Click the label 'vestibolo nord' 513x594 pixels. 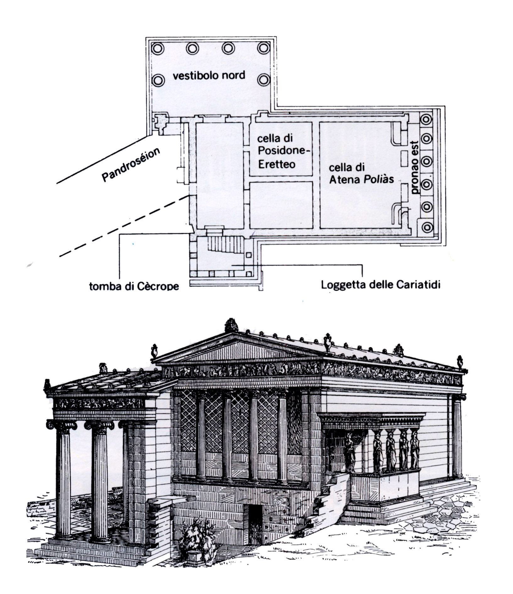coord(209,75)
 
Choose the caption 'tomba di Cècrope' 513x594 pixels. coord(134,286)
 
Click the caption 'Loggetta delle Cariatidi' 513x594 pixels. coord(380,285)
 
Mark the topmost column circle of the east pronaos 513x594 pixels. coord(427,119)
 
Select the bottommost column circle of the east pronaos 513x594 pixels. coord(427,227)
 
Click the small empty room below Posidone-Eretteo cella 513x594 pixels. coord(281,205)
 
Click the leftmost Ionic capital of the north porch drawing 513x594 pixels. coord(61,425)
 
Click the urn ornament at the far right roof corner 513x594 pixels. coord(460,362)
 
